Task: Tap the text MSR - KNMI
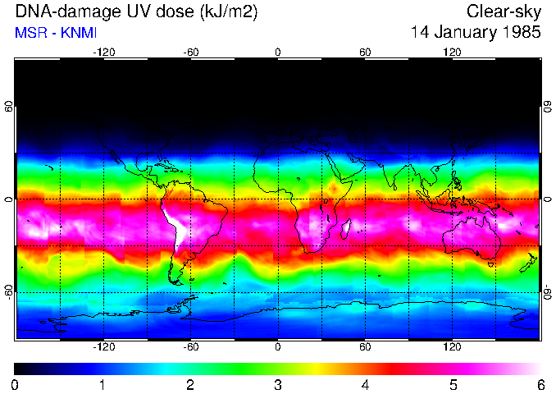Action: point(51,34)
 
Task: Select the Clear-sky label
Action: point(504,12)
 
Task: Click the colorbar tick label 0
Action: point(15,384)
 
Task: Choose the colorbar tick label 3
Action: point(278,384)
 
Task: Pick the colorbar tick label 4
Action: point(365,384)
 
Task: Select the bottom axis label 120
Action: point(452,347)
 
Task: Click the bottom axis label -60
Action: point(191,347)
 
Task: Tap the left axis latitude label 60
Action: point(9,107)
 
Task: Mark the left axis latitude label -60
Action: point(9,291)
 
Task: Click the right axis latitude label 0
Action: point(548,199)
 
